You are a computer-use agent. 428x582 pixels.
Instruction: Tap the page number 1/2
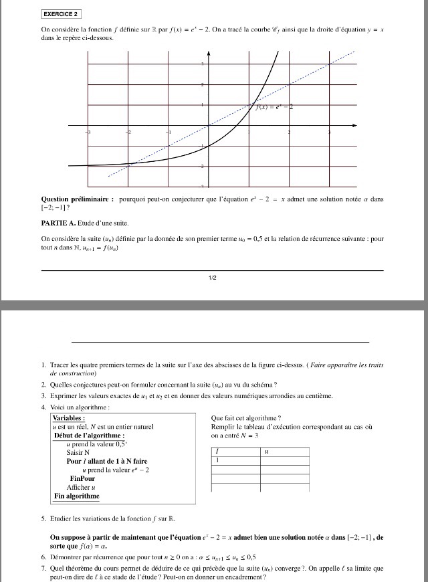[212, 278]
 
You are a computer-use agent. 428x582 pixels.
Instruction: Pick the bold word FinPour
[82, 479]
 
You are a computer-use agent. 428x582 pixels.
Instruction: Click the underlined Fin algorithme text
[77, 496]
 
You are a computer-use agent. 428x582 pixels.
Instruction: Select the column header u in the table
[266, 452]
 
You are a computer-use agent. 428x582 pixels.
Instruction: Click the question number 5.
[43, 518]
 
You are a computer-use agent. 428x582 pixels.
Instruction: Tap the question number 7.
[43, 568]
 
